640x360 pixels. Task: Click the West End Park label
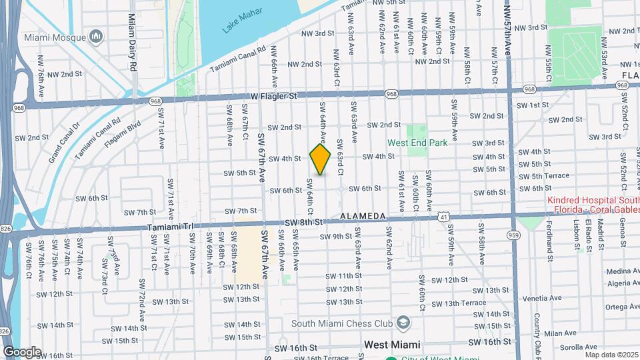click(418, 143)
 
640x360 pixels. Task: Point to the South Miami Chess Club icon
click(403, 323)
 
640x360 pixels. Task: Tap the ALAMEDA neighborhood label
click(363, 217)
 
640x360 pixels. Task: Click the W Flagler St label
click(274, 97)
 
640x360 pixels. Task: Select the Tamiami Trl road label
click(169, 226)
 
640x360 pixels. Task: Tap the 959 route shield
click(513, 235)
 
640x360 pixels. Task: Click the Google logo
click(22, 351)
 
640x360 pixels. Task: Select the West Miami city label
click(392, 345)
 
